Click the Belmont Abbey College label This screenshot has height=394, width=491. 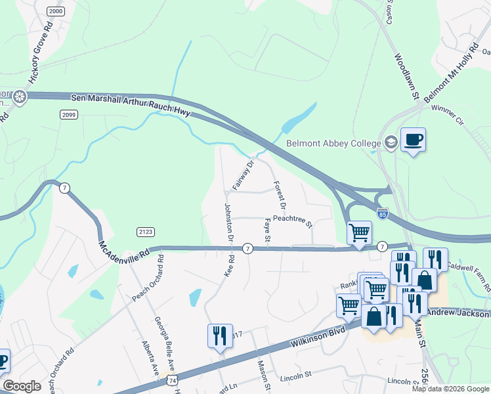tap(333, 144)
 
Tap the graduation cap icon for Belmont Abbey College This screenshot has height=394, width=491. tap(391, 143)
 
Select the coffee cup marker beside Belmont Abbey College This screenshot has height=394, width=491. tap(413, 140)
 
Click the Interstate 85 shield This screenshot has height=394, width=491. tap(383, 213)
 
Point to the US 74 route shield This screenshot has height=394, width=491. tap(172, 380)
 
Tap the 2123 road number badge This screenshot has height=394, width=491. tap(146, 232)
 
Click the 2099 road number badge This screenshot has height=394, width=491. tap(68, 115)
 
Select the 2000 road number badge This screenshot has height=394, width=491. tap(56, 11)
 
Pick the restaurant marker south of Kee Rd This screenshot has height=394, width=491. tap(220, 336)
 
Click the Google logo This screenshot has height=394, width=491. tap(22, 386)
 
